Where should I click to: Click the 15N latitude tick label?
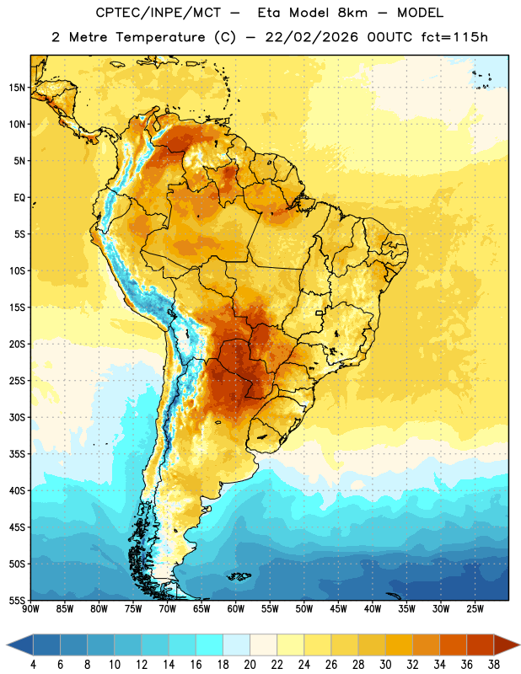[17, 88]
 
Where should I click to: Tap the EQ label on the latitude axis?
[19, 198]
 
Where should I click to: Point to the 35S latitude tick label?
[17, 454]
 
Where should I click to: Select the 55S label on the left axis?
[17, 601]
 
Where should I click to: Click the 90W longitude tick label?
[30, 609]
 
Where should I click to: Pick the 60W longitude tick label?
[236, 609]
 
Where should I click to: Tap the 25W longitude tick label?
[475, 609]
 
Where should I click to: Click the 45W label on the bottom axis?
[338, 609]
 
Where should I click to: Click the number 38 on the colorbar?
[494, 665]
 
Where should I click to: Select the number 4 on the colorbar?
[33, 665]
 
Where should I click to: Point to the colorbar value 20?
[250, 665]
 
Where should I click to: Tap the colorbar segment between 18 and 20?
[237, 645]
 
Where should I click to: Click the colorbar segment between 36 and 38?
[481, 645]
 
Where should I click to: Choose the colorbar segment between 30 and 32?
[400, 645]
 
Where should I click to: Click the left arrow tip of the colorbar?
[7, 645]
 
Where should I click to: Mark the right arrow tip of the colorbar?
[520, 645]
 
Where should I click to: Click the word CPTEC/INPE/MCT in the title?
[158, 13]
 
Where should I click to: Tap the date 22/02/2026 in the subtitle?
[312, 37]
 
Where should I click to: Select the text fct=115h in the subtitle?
[454, 37]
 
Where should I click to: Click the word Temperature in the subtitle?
[160, 38]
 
